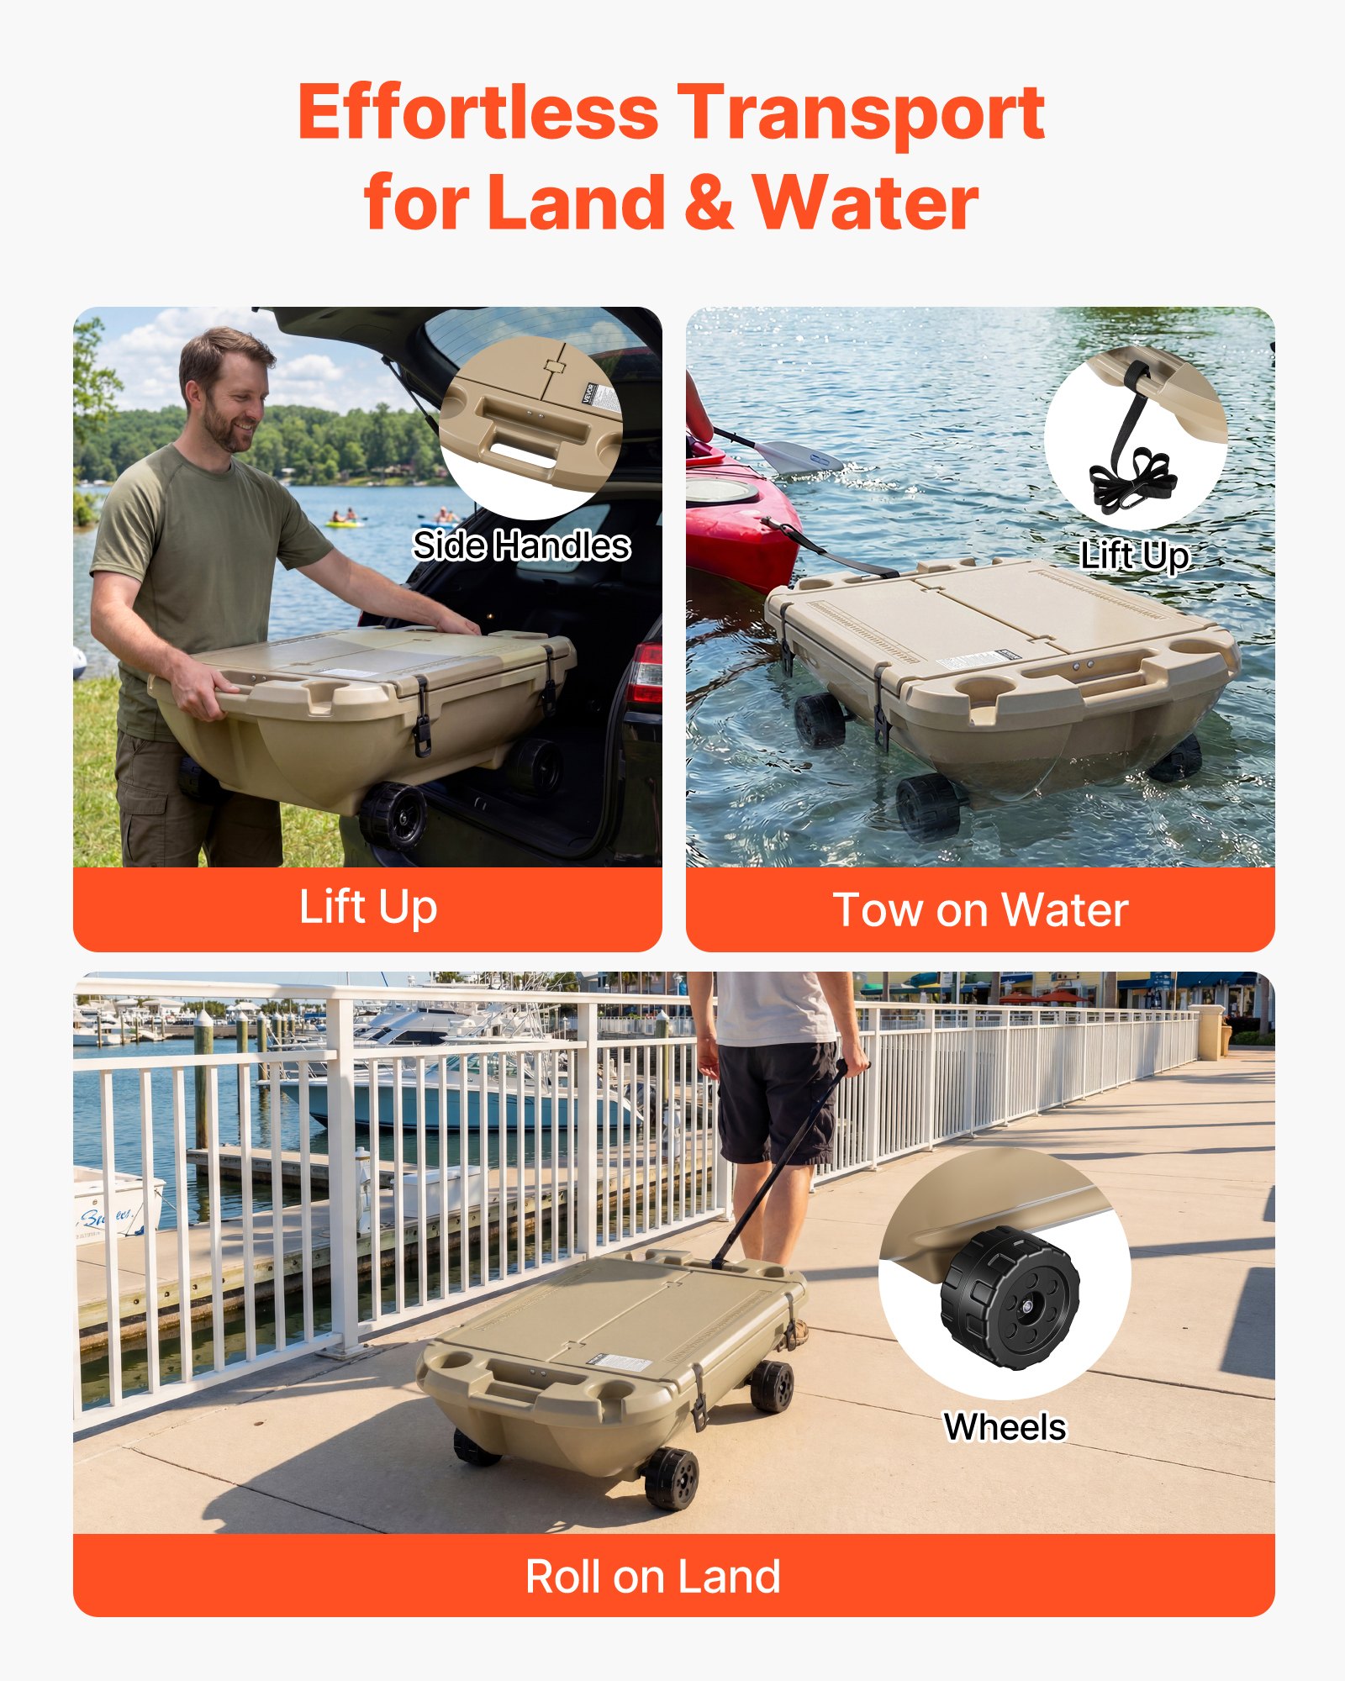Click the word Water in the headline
point(865,203)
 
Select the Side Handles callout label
point(521,545)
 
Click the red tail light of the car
point(646,673)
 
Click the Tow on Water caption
point(980,909)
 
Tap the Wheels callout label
point(1005,1427)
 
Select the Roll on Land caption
point(653,1577)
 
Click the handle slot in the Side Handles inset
point(522,455)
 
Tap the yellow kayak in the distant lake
point(345,523)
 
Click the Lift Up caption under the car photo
point(367,908)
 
